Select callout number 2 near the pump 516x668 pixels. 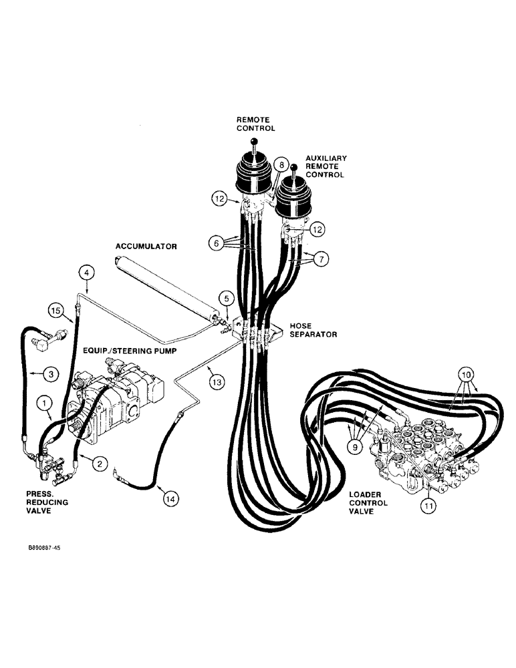(x=100, y=462)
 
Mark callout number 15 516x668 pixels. (x=55, y=309)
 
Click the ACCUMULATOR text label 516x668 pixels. (x=146, y=246)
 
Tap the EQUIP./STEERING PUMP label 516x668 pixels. (x=130, y=350)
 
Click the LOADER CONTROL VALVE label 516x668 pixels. (x=365, y=502)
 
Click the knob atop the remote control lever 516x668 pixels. (x=254, y=141)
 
